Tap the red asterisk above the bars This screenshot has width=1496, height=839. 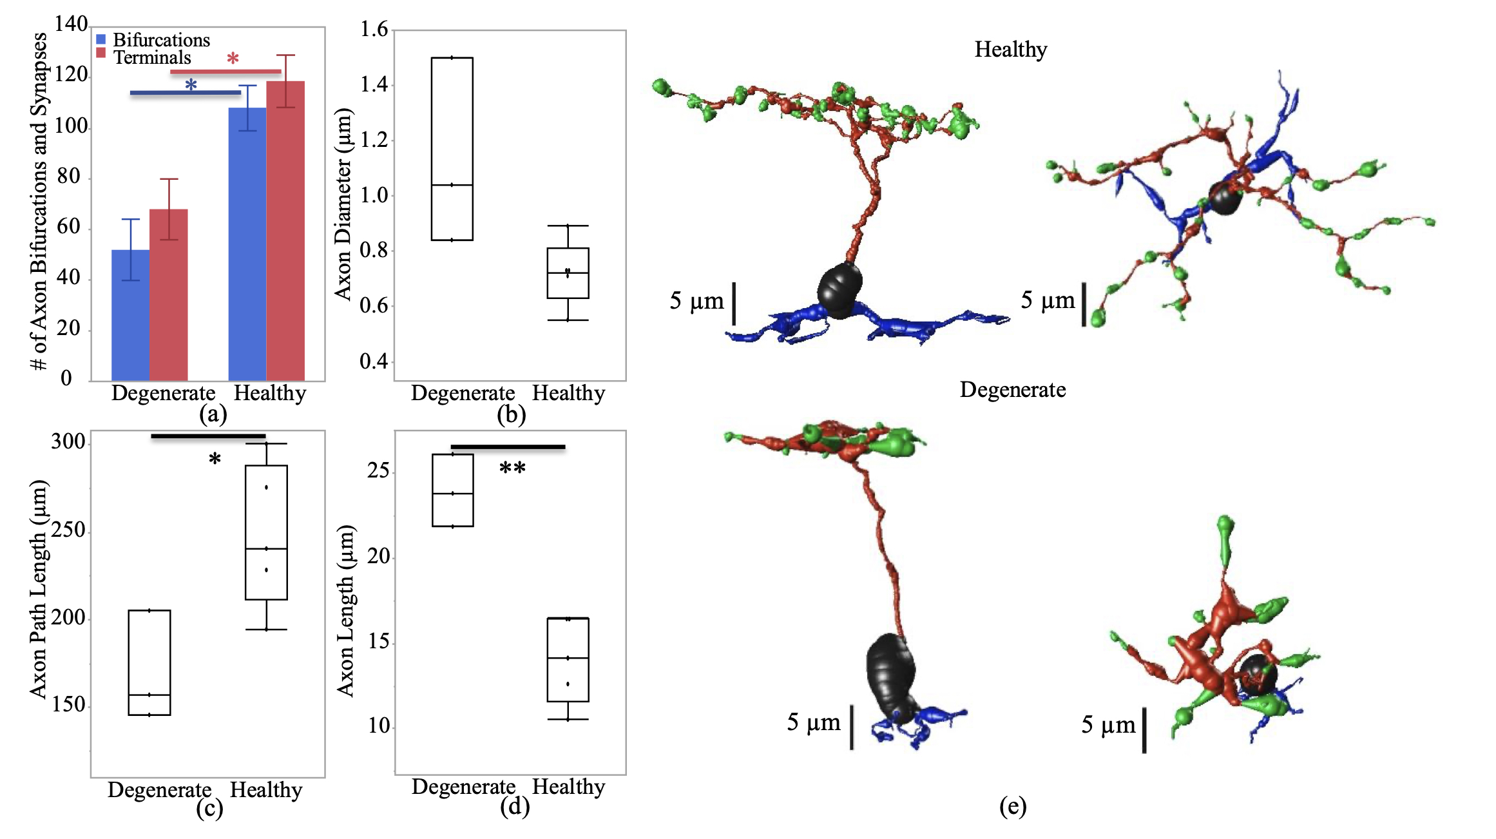tap(233, 59)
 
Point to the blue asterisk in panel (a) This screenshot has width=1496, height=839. tap(191, 85)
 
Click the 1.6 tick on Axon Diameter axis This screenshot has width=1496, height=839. tap(374, 30)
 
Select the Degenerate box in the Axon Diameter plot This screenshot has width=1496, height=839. tap(452, 149)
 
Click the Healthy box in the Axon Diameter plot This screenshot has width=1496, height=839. tap(568, 273)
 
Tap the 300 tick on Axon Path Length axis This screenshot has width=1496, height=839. tap(68, 442)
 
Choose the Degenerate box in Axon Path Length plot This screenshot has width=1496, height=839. tap(149, 662)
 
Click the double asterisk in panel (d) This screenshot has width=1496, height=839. tap(512, 468)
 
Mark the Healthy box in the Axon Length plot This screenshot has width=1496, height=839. tap(568, 659)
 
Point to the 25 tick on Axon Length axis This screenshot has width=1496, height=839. tap(378, 471)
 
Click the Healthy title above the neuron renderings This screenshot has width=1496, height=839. tap(1010, 50)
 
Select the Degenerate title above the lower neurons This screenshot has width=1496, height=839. tap(1012, 390)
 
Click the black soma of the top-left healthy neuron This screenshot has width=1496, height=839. tap(839, 290)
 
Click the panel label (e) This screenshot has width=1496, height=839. tap(1012, 806)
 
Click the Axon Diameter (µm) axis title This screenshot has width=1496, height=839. tap(343, 204)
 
